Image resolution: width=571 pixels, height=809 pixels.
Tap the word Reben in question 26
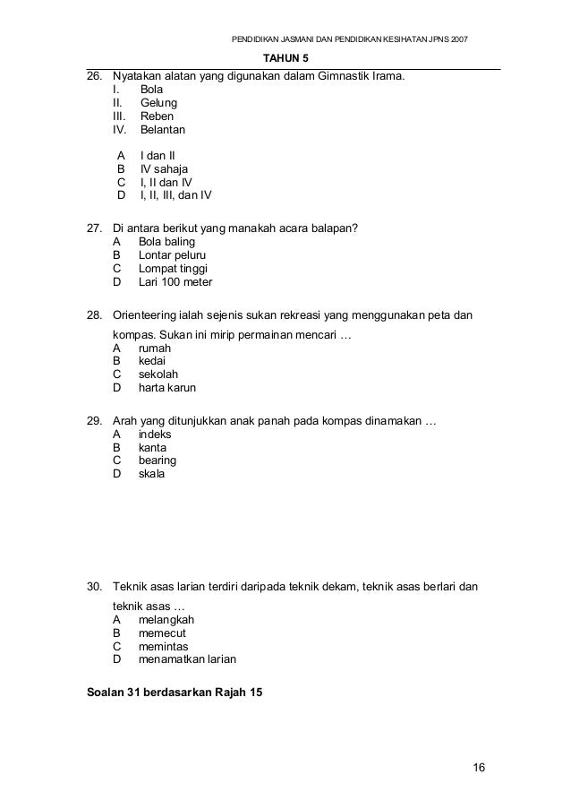158,116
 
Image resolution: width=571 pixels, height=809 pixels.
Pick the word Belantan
163,131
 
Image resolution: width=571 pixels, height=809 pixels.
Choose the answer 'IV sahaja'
164,168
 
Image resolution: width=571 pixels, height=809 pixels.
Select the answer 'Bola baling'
166,242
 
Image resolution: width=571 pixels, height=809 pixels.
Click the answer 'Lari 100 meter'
175,281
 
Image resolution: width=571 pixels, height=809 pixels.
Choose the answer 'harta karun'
167,388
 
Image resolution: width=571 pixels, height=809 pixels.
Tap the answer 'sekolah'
158,374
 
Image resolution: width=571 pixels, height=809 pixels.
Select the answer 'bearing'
158,460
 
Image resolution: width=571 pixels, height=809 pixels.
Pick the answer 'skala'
151,474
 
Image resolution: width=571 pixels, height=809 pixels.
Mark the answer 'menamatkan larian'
187,659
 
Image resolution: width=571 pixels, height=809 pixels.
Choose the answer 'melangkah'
166,619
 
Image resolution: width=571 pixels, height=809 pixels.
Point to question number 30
93,587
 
